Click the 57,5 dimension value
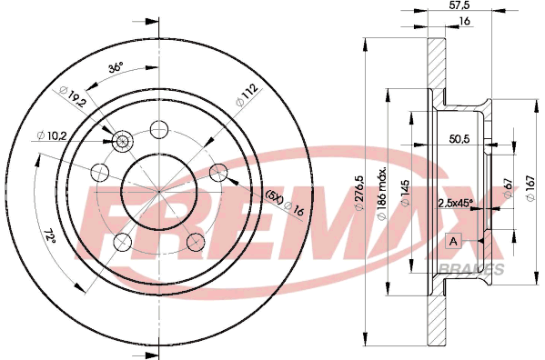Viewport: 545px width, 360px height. pos(459,5)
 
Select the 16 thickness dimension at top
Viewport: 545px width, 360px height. pos(464,21)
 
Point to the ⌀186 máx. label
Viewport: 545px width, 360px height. pos(382,194)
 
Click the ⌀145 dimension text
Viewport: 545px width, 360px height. pos(405,194)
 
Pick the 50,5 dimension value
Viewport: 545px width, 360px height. pos(459,139)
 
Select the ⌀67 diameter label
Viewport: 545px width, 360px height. pos(509,188)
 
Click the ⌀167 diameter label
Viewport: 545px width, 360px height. pos(530,188)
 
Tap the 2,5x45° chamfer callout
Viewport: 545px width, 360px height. pos(456,203)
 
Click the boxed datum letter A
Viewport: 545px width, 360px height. pos(453,241)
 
